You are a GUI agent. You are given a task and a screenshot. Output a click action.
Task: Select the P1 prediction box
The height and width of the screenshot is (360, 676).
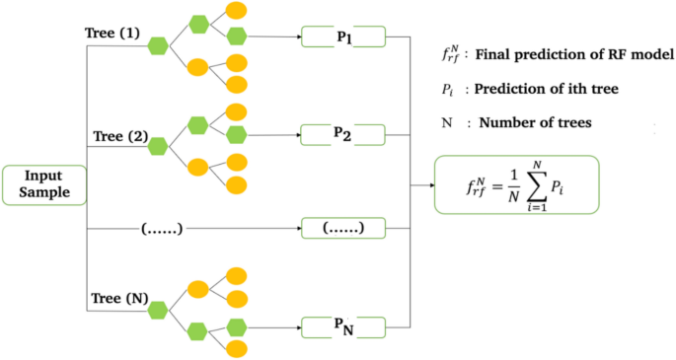tap(343, 38)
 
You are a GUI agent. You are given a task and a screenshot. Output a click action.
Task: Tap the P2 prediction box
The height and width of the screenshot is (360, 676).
tap(343, 133)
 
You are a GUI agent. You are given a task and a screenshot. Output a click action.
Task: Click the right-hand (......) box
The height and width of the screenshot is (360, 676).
tap(343, 229)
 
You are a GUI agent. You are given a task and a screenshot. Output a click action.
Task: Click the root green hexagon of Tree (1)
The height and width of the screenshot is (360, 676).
tap(156, 44)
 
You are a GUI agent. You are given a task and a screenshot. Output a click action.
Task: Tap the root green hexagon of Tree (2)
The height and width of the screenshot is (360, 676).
tap(157, 145)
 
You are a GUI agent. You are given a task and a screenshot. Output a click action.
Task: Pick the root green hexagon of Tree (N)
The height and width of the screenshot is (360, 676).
tap(157, 311)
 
